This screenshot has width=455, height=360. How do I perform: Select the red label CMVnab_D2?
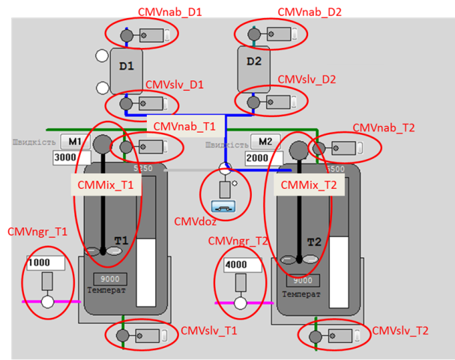point(310,12)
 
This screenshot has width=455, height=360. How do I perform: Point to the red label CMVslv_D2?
point(307,79)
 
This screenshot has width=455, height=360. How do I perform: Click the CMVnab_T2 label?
point(383,128)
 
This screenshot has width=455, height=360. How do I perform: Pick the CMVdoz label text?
point(196,220)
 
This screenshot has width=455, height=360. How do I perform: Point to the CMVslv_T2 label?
point(400,331)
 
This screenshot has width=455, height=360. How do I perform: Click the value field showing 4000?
point(240,264)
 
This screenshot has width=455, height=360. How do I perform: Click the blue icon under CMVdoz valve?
point(223,205)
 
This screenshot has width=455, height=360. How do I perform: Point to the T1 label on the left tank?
point(121,240)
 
